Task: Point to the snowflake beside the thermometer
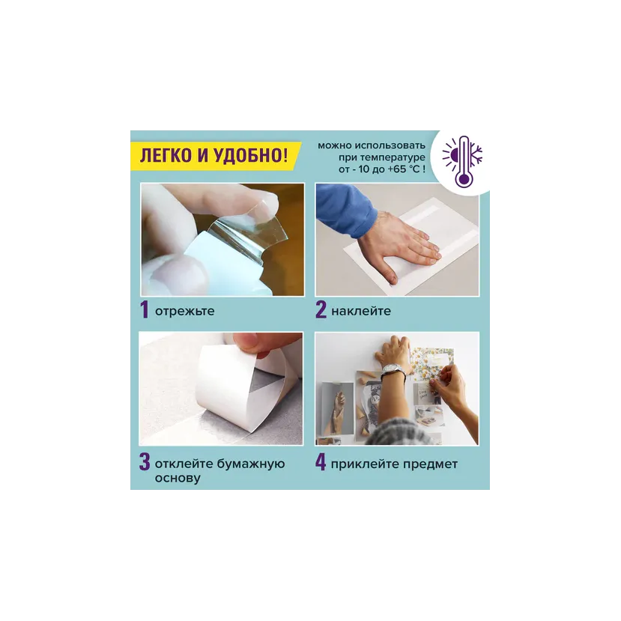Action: pos(476,154)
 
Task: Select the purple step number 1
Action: pos(145,309)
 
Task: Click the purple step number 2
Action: pos(321,309)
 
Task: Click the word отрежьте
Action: pos(184,312)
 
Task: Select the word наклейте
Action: pos(361,312)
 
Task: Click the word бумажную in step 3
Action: pos(251,464)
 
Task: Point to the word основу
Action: pos(178,479)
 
